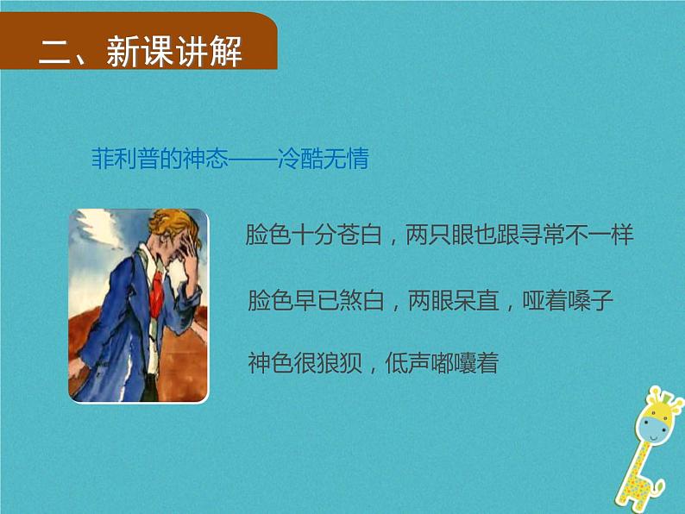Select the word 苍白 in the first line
(x=358, y=235)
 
